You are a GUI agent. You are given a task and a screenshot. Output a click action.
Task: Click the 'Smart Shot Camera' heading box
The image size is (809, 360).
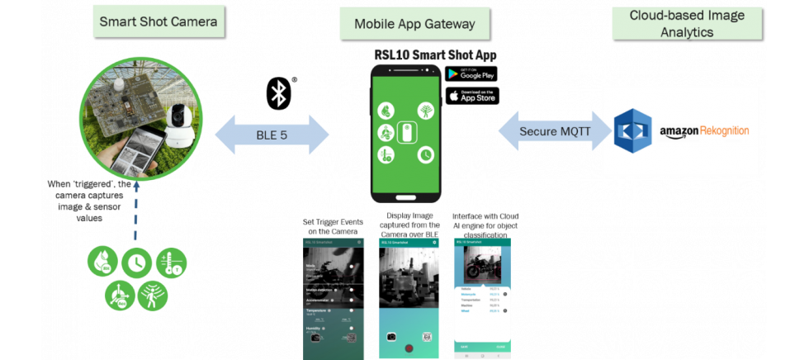[158, 21]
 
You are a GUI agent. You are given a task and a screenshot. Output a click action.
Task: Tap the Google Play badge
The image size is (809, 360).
[472, 73]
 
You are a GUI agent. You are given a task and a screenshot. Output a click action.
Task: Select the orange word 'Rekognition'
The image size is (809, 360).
[726, 130]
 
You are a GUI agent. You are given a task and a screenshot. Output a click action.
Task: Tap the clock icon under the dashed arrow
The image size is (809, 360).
[135, 263]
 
